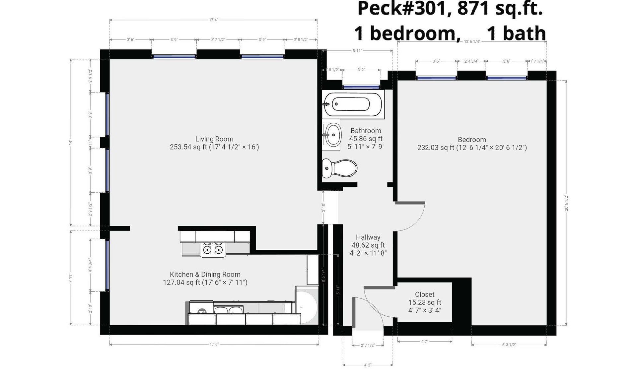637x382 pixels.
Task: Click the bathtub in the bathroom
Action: (x=353, y=104)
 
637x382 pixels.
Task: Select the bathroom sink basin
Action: (x=332, y=135)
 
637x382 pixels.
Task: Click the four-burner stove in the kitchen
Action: (x=213, y=249)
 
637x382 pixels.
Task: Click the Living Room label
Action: (x=214, y=139)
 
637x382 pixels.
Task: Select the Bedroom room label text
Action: (x=472, y=140)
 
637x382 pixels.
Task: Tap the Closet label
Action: (x=424, y=294)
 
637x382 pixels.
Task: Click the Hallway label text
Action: (x=368, y=237)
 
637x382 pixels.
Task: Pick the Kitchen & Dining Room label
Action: (x=205, y=274)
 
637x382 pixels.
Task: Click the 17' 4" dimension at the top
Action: (x=213, y=20)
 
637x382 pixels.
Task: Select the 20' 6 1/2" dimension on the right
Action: (x=566, y=203)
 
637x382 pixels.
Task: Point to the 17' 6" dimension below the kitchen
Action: (x=214, y=345)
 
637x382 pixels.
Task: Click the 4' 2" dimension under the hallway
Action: (x=368, y=365)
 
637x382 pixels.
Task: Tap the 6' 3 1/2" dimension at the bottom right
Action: (x=509, y=345)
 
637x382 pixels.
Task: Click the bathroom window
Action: (x=361, y=87)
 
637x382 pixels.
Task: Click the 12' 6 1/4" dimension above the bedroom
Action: (x=472, y=41)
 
